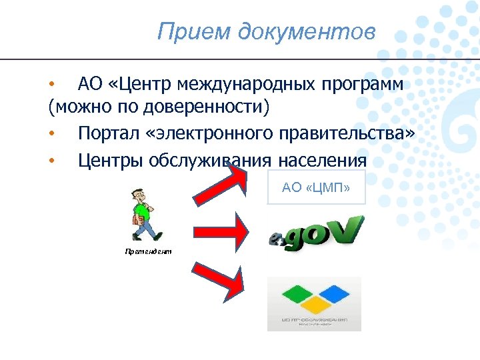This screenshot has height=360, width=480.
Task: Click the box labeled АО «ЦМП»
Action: coord(315,187)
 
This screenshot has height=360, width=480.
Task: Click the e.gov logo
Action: coord(315,233)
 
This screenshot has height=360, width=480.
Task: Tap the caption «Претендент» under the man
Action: coord(147,251)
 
